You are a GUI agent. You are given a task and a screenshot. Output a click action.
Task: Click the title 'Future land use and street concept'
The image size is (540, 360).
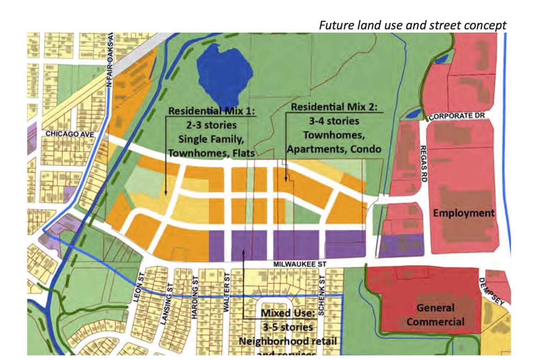coord(412,25)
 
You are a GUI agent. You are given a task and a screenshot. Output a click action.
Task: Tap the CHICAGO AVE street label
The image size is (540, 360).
coord(70,134)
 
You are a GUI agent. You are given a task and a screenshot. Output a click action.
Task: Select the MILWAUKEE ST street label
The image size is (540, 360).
coord(300,264)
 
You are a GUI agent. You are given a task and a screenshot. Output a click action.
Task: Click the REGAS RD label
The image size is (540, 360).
coord(423,164)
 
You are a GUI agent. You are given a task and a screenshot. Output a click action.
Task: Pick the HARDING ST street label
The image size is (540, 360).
coord(195,297)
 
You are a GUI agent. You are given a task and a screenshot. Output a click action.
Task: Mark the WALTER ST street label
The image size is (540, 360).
coord(226,292)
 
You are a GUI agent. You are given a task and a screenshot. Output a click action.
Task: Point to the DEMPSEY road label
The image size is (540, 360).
coord(491,291)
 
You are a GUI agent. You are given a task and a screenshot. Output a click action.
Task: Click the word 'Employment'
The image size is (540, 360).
coord(464,213)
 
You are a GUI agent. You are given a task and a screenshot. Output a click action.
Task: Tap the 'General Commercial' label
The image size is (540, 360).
coord(435,315)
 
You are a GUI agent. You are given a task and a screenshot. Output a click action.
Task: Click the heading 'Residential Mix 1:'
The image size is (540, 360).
coord(212,111)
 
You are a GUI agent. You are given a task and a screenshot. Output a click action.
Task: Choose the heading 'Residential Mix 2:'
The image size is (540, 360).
coord(334,107)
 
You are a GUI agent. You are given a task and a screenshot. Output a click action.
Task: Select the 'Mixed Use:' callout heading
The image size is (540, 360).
coord(288,313)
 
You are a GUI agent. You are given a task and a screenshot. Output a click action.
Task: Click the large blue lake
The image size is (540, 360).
coord(224,75)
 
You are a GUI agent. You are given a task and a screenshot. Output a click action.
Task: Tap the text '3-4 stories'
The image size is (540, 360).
coord(334,121)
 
